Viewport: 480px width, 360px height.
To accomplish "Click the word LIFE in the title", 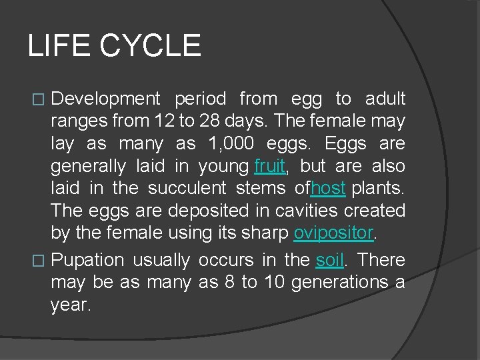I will point(58,46).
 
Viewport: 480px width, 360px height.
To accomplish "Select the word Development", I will point(105,99).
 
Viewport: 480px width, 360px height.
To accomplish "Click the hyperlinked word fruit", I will point(269,166).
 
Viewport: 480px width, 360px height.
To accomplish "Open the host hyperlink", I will point(328,189).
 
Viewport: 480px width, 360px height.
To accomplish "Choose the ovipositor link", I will point(333,233).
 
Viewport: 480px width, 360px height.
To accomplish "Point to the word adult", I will point(385,99).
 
